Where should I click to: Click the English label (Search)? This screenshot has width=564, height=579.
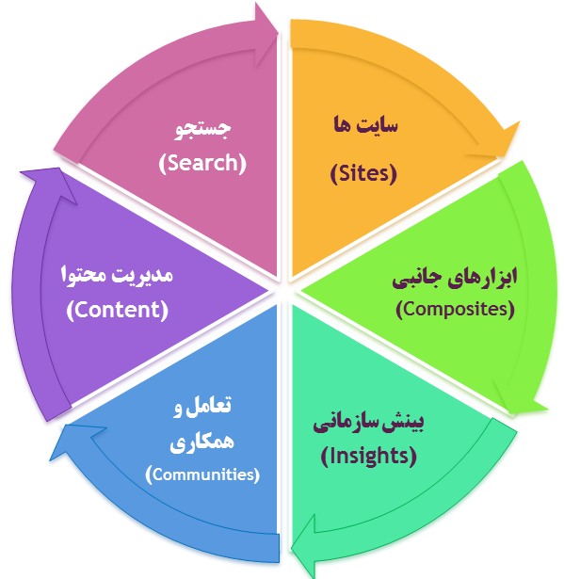202,163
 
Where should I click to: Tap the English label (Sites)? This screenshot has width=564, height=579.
363,173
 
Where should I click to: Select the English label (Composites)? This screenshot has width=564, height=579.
455,309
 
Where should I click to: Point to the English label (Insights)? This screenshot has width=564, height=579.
368,456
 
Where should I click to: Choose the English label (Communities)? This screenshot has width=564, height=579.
202,474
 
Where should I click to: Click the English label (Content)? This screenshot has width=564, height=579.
118,310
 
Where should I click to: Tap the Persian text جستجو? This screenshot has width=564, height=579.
202,129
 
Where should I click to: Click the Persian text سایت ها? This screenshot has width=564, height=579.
365,125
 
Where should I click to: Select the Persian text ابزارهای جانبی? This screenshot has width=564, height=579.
455,277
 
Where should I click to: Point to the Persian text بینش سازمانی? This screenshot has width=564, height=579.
368,422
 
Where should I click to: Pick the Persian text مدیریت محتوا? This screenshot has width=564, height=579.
117,275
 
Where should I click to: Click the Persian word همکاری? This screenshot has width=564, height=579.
201,442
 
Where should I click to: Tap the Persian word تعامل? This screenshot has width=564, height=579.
208,406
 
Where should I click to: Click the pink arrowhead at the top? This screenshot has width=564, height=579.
266,34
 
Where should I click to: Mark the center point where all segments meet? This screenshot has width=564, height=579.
283,290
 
